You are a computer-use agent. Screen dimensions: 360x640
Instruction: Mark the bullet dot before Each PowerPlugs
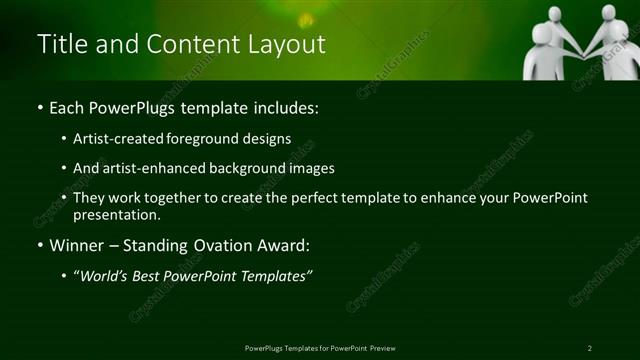pos(39,108)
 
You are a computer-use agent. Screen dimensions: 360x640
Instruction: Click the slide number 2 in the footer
pos(590,348)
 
